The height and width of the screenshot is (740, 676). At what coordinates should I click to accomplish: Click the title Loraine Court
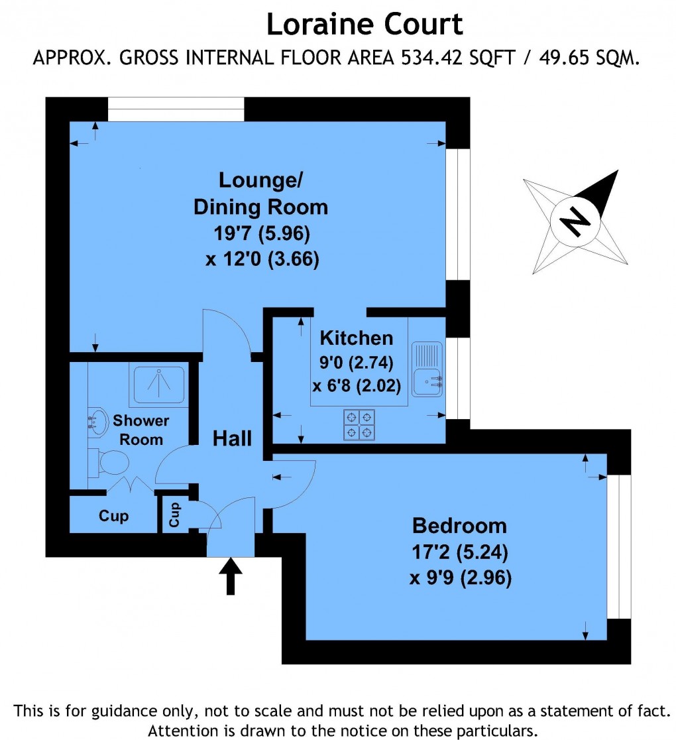365,25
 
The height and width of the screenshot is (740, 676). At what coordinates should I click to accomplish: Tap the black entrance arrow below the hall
231,576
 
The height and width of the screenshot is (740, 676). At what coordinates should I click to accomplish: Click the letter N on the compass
575,221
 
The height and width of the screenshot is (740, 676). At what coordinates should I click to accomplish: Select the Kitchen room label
357,338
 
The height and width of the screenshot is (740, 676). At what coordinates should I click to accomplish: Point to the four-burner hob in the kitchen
359,425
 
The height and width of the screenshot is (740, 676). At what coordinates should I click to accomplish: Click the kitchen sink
427,369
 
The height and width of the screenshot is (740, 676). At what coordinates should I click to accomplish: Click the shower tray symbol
159,385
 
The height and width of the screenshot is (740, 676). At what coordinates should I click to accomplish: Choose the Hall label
232,438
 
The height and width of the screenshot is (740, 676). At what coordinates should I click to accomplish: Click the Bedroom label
459,526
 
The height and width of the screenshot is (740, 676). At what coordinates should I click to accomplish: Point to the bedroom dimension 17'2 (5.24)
460,552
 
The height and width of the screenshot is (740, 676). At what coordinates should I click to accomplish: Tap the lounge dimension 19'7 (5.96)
262,233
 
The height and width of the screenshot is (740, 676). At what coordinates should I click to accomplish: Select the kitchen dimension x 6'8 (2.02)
357,385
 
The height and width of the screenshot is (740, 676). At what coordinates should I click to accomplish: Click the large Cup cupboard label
114,516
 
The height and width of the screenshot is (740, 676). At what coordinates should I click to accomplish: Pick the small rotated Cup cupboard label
174,515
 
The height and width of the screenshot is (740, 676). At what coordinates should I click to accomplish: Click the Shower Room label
141,430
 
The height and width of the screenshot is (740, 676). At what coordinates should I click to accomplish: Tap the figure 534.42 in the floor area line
432,58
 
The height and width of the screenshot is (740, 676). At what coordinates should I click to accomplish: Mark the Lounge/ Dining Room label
261,194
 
